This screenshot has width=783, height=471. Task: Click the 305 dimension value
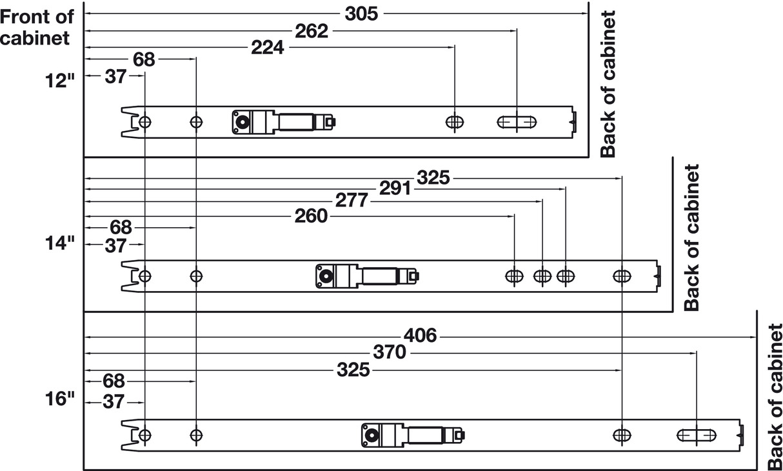(361, 13)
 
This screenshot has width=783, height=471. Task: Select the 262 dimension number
(312, 30)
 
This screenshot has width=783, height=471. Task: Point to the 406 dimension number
(420, 336)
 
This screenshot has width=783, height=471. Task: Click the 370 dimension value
(390, 353)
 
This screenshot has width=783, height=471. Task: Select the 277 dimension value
(352, 201)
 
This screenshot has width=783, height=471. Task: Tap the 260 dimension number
(312, 217)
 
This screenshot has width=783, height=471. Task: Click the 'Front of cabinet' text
(37, 27)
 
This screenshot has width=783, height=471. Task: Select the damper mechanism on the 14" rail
(366, 276)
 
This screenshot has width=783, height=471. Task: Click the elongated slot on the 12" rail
(517, 122)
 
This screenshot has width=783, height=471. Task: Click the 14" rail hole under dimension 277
(542, 276)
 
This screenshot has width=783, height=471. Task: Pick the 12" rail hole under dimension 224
(455, 122)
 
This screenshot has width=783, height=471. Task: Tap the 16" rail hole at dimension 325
(622, 435)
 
